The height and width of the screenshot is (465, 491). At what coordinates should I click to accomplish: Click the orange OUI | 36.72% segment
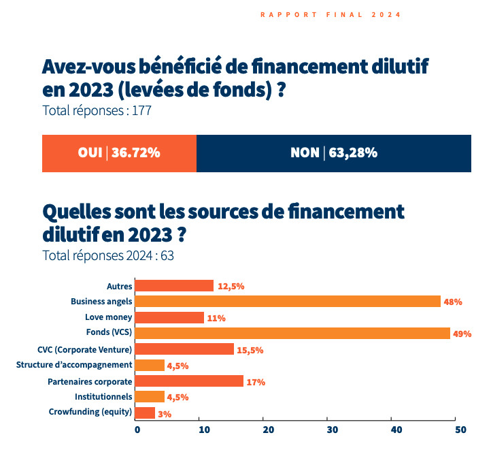coord(119,153)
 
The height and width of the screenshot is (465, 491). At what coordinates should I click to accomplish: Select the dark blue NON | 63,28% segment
coord(333,153)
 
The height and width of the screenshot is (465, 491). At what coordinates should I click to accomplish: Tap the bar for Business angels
coord(288,302)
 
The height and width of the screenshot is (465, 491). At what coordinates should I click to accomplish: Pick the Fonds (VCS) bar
coord(292,334)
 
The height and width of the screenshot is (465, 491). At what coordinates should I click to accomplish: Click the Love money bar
coord(169,318)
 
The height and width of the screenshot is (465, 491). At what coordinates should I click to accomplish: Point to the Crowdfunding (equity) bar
coord(145,413)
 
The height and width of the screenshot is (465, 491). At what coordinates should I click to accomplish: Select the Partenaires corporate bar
coord(189,381)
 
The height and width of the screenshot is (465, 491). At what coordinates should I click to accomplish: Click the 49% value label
coord(462,334)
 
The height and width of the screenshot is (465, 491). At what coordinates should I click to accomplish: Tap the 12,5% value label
coord(231,287)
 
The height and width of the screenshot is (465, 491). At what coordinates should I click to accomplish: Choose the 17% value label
coord(256,382)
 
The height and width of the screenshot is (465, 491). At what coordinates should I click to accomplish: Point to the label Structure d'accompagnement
coord(74,366)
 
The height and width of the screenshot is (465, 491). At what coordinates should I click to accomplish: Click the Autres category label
coord(119,286)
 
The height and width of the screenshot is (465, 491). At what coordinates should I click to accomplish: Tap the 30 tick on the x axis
coord(333,430)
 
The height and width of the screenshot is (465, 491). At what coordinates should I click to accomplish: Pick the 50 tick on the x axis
coord(460,430)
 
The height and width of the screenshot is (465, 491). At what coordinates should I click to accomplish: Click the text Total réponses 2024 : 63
coord(109,256)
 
